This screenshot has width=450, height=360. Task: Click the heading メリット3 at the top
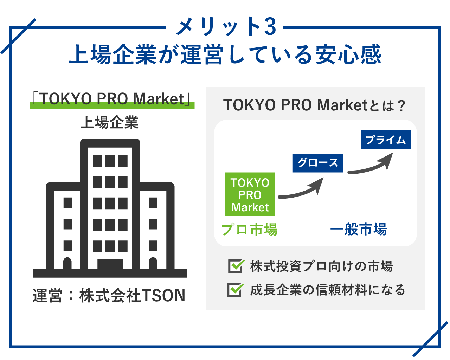(226, 27)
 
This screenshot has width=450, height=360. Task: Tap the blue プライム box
(386, 140)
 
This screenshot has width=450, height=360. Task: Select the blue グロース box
(317, 163)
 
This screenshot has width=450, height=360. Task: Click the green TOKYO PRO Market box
(250, 194)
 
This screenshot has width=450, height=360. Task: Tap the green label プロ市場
(249, 229)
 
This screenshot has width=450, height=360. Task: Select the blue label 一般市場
(358, 229)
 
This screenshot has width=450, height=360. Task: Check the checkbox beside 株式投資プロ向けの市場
(236, 266)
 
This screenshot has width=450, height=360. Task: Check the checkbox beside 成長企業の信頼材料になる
(235, 290)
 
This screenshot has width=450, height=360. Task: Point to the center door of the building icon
(110, 264)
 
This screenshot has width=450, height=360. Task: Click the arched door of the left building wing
(67, 263)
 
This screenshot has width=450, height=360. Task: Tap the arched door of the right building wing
(153, 263)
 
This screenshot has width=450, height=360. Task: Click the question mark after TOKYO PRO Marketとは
(401, 106)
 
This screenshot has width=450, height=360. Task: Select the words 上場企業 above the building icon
(109, 122)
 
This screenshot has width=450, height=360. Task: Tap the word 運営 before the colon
(47, 296)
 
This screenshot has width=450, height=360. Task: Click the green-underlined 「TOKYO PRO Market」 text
(112, 99)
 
